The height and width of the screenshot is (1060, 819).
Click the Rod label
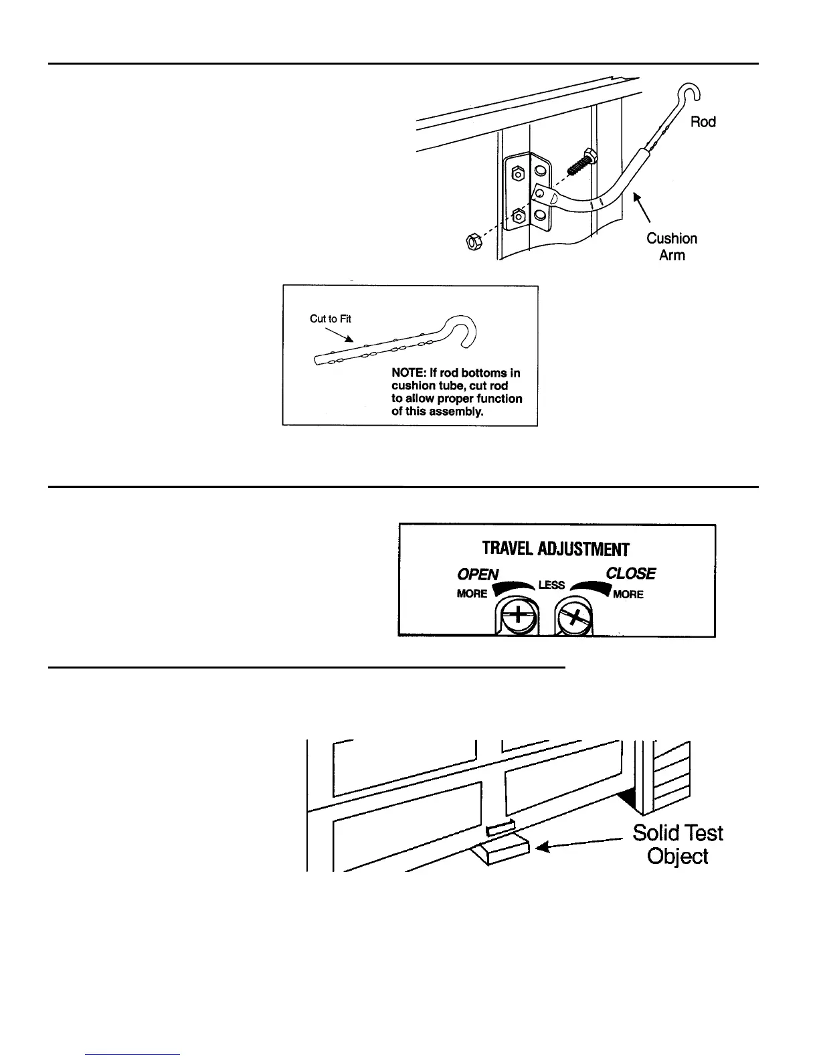pos(703,122)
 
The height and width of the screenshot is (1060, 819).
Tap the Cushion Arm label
pos(672,246)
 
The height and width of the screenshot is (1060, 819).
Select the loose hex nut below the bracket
pos(470,241)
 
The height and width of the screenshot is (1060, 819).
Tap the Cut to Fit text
pos(331,319)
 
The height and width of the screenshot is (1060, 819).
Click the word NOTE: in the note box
pos(408,373)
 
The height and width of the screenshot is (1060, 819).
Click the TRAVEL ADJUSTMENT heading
pos(555,549)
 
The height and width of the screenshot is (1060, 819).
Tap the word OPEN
pos(478,574)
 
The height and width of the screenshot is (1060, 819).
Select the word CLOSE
pos(630,573)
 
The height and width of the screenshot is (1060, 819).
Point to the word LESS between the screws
pos(551,585)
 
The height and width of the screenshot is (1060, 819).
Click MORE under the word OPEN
pos(472,594)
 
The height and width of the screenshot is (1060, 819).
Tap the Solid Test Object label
pos(678,845)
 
